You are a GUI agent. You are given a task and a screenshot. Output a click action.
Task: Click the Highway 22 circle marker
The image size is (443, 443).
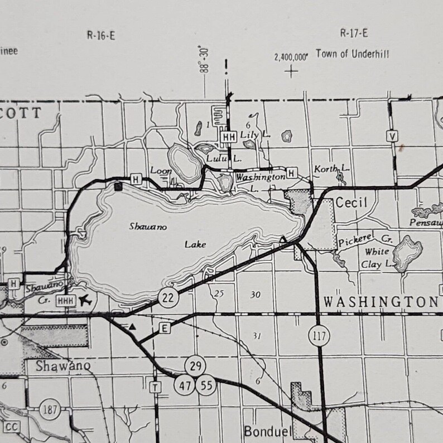pos(168,297)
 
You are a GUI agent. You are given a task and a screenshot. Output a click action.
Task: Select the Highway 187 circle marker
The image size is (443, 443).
pos(50,410)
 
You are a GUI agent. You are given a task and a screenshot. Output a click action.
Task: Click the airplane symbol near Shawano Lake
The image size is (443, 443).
pos(85,301)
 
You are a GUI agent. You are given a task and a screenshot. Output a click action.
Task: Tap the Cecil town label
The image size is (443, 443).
pos(351,203)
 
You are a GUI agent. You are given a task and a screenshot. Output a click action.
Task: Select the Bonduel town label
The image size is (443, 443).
pos(264,431)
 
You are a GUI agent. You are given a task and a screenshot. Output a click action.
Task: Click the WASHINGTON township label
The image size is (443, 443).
pos(381,302)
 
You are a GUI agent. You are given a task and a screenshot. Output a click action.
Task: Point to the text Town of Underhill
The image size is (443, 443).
pos(352,54)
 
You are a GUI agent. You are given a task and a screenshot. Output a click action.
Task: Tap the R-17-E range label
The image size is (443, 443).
pos(354,33)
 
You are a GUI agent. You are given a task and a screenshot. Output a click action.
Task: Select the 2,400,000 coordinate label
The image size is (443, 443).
pos(291,57)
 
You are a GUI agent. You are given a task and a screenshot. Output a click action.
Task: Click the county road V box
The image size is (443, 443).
pos(393,136)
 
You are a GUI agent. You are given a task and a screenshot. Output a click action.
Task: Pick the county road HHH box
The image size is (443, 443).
pos(65,301)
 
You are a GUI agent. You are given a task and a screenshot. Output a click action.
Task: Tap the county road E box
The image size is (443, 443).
pos(165,329)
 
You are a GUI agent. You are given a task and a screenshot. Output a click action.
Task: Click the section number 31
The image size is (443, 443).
pos(257,335)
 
